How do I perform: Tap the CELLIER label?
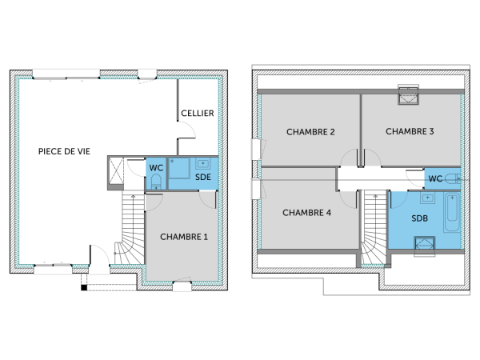click(197, 114)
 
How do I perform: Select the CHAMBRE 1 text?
click(183, 237)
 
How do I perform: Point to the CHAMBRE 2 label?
click(310, 131)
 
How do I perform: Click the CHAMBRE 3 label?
click(410, 131)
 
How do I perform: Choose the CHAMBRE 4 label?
click(306, 213)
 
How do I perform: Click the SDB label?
click(419, 218)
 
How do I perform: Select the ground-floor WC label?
click(156, 168)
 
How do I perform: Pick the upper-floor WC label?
click(436, 178)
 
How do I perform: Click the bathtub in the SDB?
click(453, 212)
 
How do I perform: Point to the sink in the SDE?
click(202, 165)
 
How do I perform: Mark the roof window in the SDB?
click(424, 244)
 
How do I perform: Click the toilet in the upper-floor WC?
click(454, 178)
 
